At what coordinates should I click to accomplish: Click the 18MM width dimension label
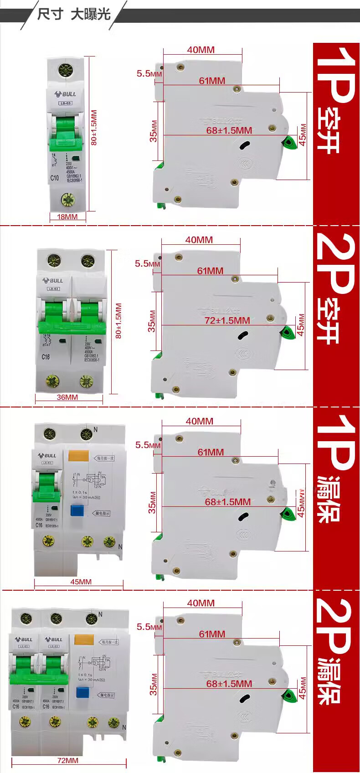[x=67, y=217]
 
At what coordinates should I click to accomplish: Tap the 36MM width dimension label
[x=67, y=397]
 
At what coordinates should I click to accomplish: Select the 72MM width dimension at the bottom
[x=67, y=760]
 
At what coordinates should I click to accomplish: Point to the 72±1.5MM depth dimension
[x=227, y=320]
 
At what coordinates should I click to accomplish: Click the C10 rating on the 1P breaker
[x=55, y=178]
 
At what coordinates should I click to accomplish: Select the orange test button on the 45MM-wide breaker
[x=78, y=456]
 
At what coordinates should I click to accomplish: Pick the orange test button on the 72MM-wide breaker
[x=84, y=639]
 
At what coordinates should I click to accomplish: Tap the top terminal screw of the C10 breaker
[x=67, y=71]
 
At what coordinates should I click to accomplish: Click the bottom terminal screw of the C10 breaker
[x=67, y=199]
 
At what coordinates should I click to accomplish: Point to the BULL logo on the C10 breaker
[x=66, y=94]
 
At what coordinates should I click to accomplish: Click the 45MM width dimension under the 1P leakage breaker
[x=81, y=582]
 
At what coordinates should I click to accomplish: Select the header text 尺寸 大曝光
[x=74, y=14]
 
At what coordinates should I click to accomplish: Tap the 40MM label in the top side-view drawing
[x=201, y=50]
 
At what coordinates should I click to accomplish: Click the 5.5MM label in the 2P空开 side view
[x=147, y=263]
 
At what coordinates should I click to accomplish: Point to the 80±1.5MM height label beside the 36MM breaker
[x=118, y=320]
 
